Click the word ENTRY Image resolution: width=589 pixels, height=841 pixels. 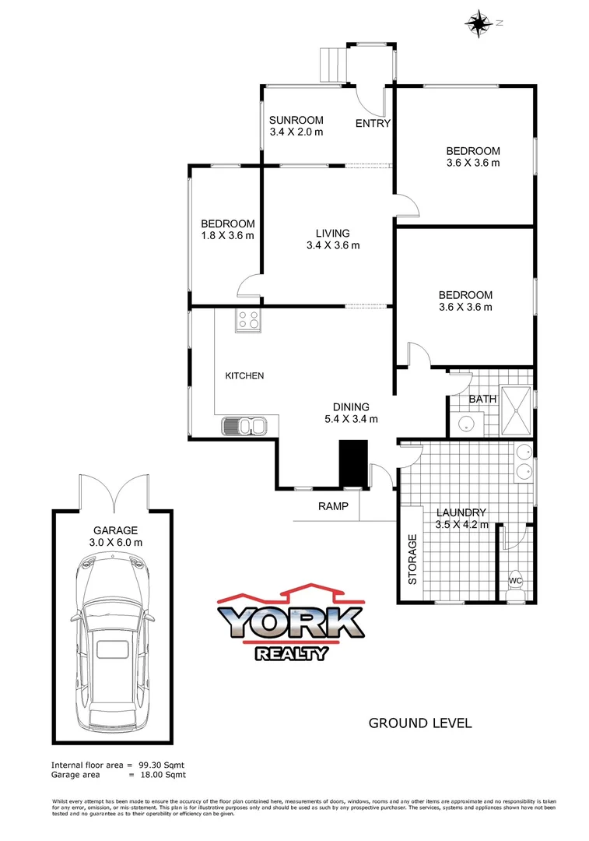pos(373,124)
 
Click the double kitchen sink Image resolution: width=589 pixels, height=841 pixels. pos(244,425)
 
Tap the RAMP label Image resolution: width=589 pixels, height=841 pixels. pos(333,506)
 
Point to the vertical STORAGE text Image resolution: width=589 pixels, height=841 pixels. pos(412,559)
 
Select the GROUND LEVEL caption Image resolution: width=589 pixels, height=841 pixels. pos(419,723)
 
